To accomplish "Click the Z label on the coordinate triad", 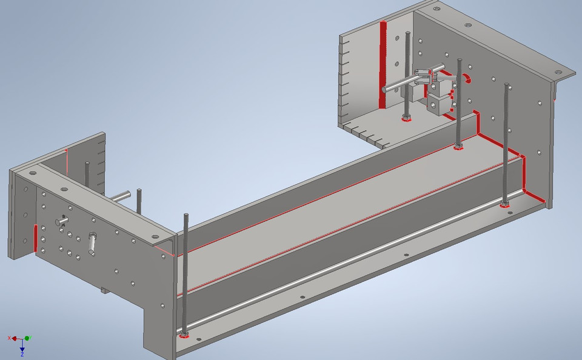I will pyautogui.click(x=22, y=355).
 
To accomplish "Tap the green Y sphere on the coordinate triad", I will pyautogui.click(x=28, y=338).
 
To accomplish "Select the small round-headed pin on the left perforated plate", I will pyautogui.click(x=62, y=221).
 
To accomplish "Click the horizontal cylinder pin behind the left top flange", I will pyautogui.click(x=119, y=196).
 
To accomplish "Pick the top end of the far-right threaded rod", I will pyautogui.click(x=506, y=85).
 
